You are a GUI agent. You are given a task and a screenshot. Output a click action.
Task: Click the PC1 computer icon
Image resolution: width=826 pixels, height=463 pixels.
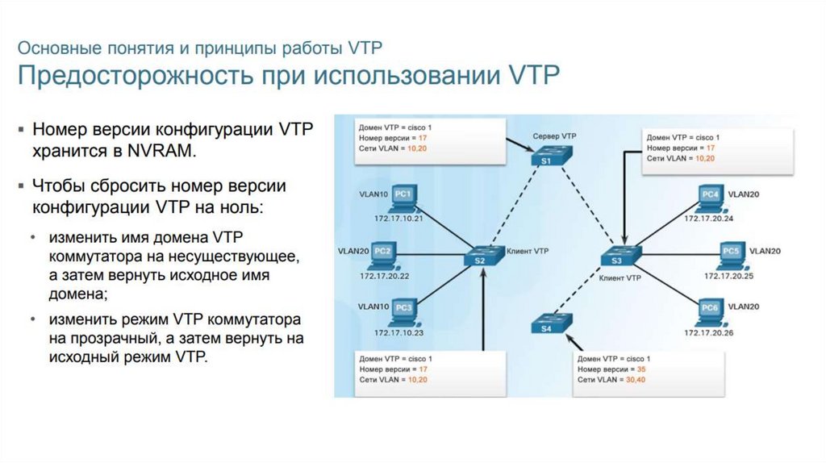coord(404,195)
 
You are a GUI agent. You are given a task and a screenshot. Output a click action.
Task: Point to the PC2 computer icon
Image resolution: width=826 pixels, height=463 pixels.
coord(382,254)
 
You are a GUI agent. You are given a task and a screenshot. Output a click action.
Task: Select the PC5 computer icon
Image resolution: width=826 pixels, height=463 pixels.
coord(731,254)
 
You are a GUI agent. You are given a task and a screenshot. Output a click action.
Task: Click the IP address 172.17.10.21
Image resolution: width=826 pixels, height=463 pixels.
coord(398,219)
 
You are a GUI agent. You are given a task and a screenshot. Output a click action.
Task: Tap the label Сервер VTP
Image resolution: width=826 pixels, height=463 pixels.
coord(555,136)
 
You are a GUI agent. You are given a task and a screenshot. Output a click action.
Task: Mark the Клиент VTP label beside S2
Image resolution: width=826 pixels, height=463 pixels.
coord(528,252)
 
